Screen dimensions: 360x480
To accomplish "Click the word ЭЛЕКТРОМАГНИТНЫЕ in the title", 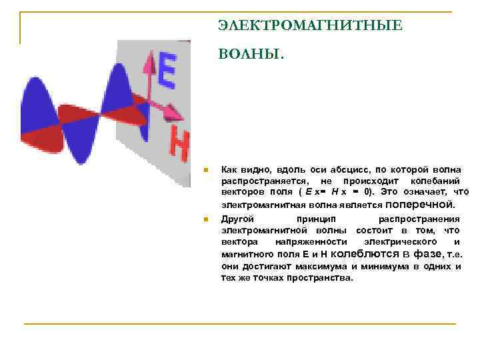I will click(x=310, y=26).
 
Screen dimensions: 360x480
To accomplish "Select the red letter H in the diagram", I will click(x=179, y=144).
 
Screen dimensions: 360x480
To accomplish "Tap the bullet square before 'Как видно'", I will click(x=207, y=171).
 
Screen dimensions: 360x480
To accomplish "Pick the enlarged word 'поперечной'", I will click(x=420, y=204).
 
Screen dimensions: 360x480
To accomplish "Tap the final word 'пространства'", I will click(x=319, y=277).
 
